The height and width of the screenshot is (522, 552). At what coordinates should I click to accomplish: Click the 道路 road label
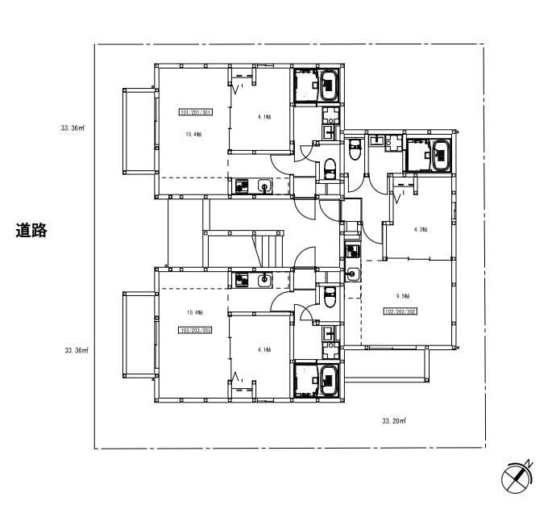click(x=31, y=230)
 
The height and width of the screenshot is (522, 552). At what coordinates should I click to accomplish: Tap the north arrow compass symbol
click(x=515, y=478)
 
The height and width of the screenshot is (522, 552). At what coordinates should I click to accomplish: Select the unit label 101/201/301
click(x=195, y=113)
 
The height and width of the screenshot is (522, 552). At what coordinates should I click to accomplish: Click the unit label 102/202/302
click(x=400, y=311)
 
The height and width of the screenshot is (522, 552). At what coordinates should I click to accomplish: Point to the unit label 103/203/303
click(x=195, y=330)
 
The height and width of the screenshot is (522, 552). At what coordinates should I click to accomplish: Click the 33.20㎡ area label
click(x=393, y=420)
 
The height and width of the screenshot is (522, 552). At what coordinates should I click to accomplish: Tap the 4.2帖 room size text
click(x=420, y=229)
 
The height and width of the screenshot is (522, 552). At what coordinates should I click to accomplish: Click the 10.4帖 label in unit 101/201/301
click(x=193, y=134)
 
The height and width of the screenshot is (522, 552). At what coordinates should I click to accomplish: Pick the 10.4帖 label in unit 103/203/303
click(x=194, y=312)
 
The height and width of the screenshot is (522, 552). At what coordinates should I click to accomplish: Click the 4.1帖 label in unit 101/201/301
click(x=264, y=117)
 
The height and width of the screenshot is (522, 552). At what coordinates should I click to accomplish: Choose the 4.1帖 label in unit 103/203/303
click(x=264, y=349)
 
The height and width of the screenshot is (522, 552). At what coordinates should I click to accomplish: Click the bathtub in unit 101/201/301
click(x=330, y=86)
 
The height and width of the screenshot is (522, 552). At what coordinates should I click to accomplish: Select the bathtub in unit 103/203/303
click(x=330, y=380)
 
